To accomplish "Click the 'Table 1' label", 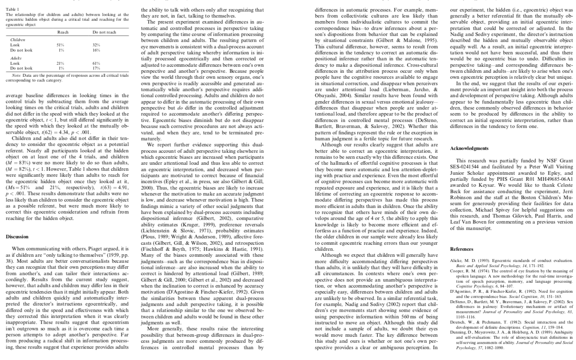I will (12, 9).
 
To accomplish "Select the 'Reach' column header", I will (63, 32).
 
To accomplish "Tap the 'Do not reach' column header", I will (104, 32).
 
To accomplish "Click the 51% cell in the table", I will (61, 45).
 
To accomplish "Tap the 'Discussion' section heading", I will (17, 237).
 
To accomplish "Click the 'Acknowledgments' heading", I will (469, 148).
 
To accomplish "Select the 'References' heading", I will (462, 249).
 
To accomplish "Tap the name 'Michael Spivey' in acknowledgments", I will (488, 210).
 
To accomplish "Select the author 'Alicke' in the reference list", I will (457, 261).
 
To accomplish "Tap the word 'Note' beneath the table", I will (16, 75).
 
